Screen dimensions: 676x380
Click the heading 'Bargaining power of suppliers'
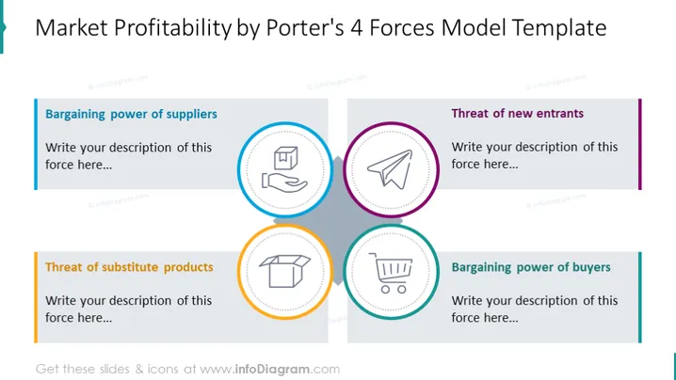[131, 114]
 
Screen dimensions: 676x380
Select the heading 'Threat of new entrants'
[517, 113]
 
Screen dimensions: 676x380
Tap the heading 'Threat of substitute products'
[129, 267]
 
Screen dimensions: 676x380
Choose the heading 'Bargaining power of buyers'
[531, 267]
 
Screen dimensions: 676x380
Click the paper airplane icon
[390, 169]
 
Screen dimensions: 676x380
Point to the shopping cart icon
[391, 273]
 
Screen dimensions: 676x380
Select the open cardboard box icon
[284, 271]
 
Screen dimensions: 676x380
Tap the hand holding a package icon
[284, 169]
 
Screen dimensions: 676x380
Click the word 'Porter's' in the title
[305, 27]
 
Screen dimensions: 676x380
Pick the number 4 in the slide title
[357, 27]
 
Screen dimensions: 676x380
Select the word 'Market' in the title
[72, 27]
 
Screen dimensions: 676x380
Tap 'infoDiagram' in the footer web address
[272, 370]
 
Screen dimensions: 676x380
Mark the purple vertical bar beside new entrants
[640, 144]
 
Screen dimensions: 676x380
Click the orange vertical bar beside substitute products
[36, 297]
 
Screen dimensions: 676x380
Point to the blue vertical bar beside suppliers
[36, 144]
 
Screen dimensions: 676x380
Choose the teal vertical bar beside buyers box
[640, 297]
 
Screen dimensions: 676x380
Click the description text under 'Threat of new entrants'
[535, 155]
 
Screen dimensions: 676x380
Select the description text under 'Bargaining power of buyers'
[535, 309]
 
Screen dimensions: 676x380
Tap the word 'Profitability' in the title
[173, 28]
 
